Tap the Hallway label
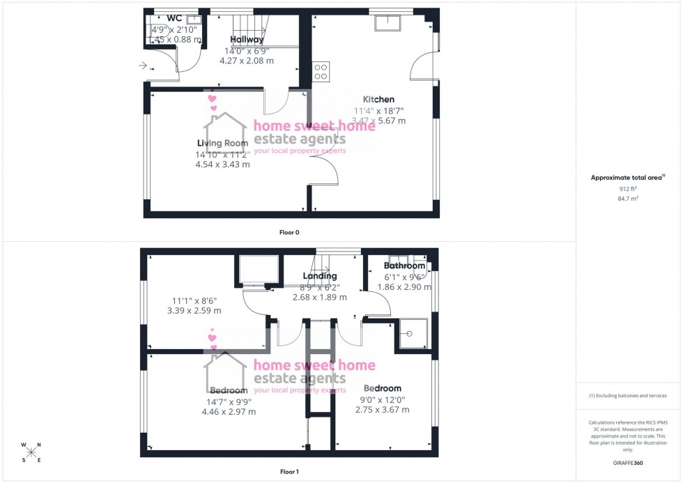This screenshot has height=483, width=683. pyautogui.click(x=247, y=40)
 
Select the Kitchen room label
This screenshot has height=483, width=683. pyautogui.click(x=378, y=100)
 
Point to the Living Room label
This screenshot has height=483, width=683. pyautogui.click(x=223, y=144)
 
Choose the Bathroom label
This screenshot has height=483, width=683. pyautogui.click(x=404, y=266)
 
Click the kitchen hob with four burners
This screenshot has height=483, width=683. pyautogui.click(x=321, y=71)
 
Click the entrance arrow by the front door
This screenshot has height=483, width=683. pyautogui.click(x=142, y=66)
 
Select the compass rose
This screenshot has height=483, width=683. pyautogui.click(x=31, y=452)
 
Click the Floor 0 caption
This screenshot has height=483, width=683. pyautogui.click(x=290, y=232)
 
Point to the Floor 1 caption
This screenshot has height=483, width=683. pyautogui.click(x=289, y=472)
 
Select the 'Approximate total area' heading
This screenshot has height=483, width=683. pyautogui.click(x=627, y=178)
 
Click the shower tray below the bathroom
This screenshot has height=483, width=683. pyautogui.click(x=412, y=334)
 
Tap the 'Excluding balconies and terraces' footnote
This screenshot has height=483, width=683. pyautogui.click(x=627, y=395)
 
